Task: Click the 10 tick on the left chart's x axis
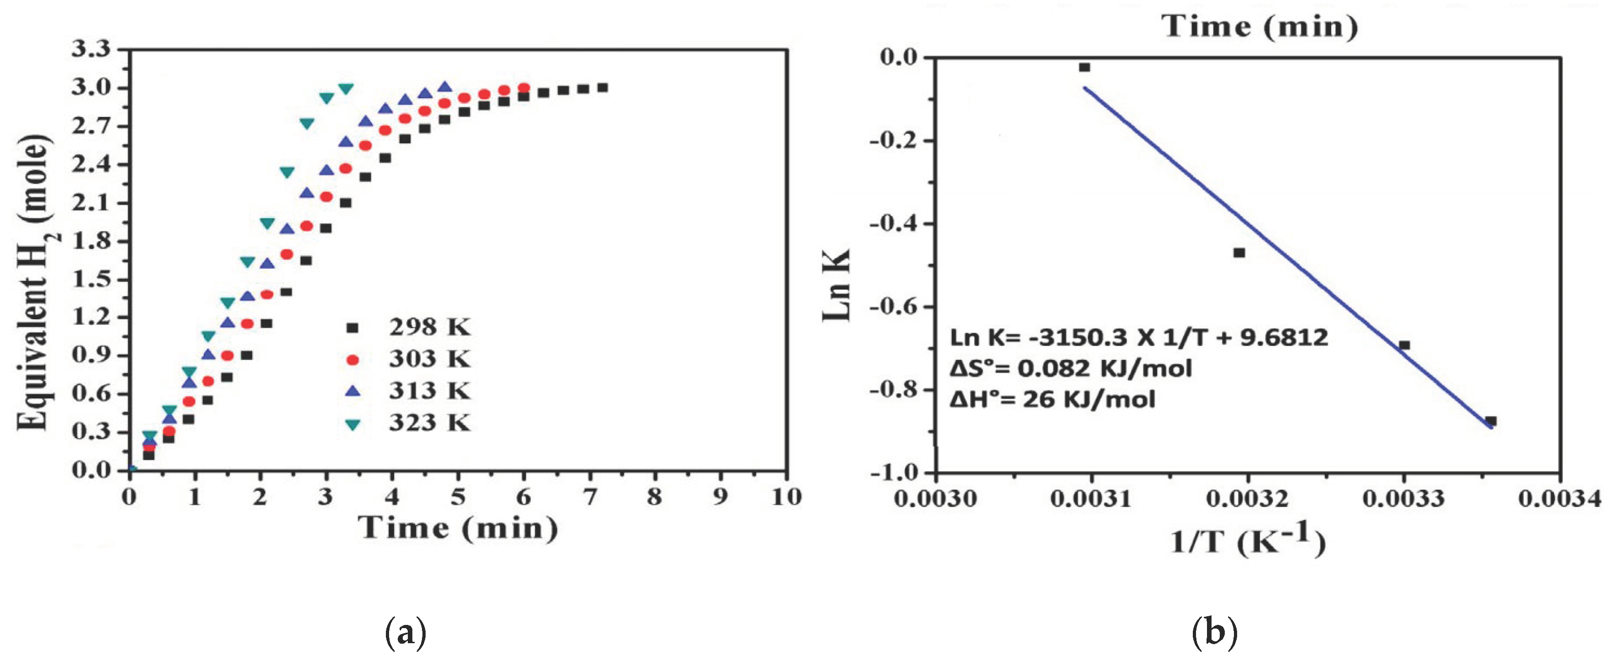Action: (786, 498)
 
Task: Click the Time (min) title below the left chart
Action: (458, 528)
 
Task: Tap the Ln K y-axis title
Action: (838, 285)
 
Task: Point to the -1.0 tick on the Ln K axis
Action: (895, 472)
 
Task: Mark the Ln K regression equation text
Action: (1139, 338)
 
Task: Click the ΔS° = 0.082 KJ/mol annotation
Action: (1071, 368)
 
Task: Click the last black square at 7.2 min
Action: (602, 88)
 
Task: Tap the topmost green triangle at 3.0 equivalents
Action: (346, 88)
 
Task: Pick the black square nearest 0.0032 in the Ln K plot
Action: (1239, 253)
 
